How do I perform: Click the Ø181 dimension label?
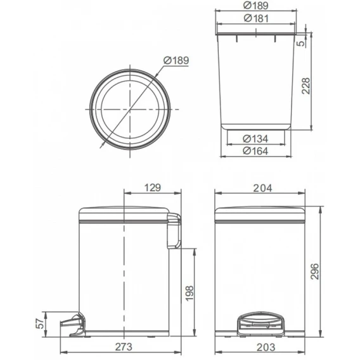(x=256, y=18)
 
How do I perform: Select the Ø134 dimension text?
(x=255, y=139)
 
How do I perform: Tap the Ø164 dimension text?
(x=255, y=151)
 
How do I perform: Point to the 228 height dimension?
(x=305, y=86)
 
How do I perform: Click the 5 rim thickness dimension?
(x=301, y=43)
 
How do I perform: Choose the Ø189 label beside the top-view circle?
(x=176, y=60)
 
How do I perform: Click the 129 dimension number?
(x=153, y=188)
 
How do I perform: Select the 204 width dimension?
(x=262, y=188)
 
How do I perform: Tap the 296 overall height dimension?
(x=314, y=271)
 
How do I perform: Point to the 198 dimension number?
(x=190, y=293)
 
